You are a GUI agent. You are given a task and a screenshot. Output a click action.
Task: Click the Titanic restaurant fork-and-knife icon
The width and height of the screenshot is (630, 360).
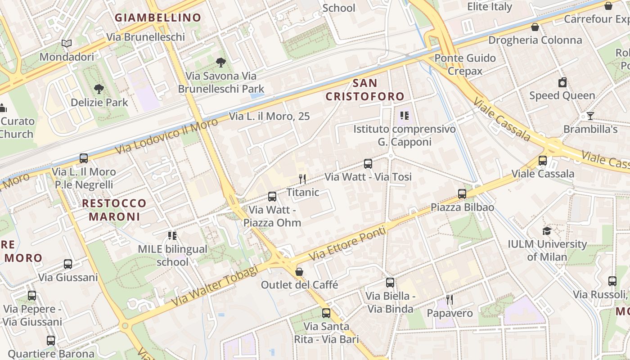tap(302, 179)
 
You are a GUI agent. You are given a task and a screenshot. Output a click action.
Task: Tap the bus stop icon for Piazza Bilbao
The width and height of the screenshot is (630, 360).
tap(462, 194)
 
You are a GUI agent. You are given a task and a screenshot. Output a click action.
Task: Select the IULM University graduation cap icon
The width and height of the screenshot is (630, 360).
tap(547, 231)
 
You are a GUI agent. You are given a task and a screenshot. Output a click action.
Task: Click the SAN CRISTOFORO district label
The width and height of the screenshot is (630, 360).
tap(365, 90)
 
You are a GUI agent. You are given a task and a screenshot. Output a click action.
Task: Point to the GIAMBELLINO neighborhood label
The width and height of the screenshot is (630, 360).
tap(157, 18)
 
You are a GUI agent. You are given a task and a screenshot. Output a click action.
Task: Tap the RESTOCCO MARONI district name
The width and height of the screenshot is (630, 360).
tap(114, 210)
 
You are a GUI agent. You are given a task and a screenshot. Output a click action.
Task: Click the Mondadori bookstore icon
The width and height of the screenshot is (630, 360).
tap(67, 44)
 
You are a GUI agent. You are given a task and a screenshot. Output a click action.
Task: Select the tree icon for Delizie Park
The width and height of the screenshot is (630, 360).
tap(99, 89)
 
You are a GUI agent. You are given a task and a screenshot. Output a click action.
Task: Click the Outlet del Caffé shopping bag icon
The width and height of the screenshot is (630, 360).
tap(299, 272)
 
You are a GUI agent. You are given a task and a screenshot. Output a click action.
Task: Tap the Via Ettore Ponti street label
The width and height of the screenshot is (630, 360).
tap(348, 244)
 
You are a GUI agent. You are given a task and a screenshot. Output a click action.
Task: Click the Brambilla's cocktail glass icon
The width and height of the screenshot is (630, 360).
tap(590, 116)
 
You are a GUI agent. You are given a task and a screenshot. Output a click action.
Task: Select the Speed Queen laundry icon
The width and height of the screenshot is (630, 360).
tap(562, 82)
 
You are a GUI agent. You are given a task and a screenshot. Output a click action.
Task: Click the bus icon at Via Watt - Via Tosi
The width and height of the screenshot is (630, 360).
tap(368, 164)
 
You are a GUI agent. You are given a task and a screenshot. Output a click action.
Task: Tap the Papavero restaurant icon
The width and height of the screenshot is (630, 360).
tap(449, 299)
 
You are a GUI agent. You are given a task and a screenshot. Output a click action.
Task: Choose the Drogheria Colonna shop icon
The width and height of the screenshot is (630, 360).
tap(535, 27)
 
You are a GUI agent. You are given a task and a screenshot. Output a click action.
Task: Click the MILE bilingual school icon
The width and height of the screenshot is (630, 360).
tap(172, 236)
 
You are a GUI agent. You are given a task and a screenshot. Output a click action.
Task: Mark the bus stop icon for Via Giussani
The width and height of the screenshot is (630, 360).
tap(68, 264)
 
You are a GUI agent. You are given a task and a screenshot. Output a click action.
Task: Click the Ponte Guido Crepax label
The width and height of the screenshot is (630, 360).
tap(465, 64)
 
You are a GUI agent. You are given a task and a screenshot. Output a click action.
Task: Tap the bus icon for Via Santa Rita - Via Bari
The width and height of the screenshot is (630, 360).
tap(326, 313)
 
